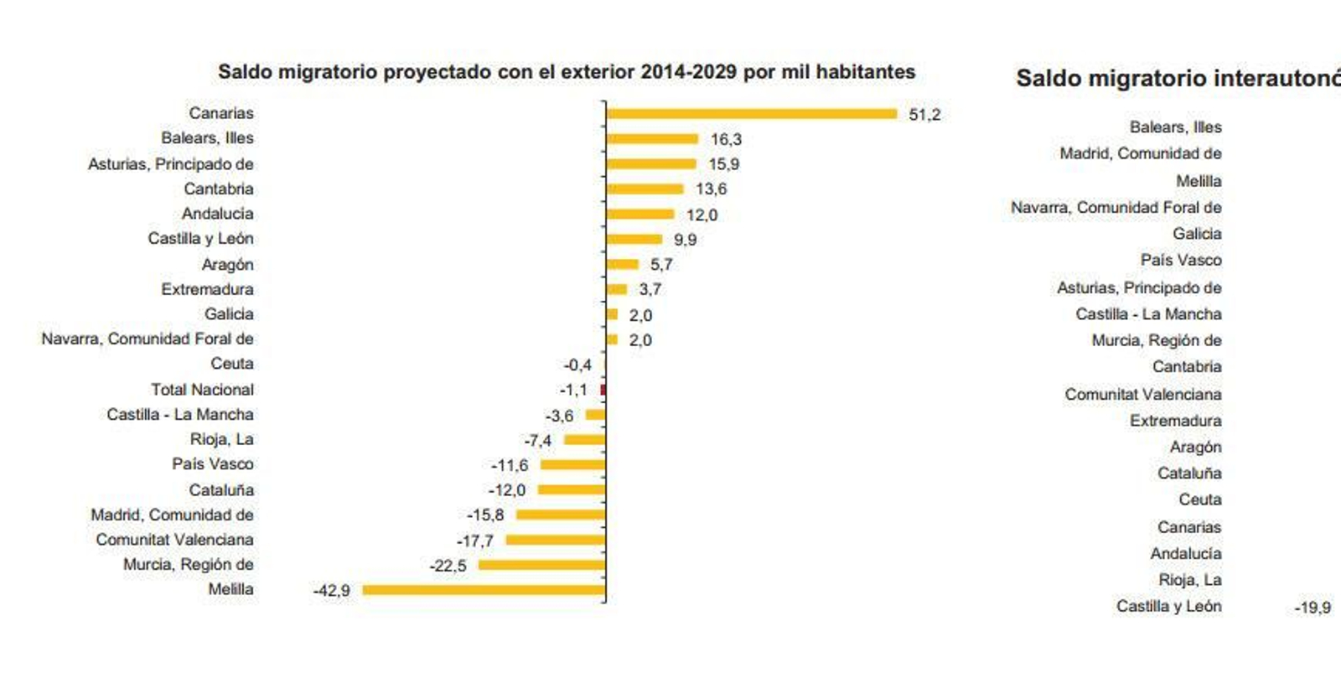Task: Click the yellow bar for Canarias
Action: click(x=751, y=114)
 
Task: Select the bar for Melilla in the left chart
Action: click(x=484, y=590)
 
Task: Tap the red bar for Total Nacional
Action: click(x=603, y=390)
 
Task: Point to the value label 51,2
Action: click(x=924, y=115)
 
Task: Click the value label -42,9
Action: click(x=331, y=591)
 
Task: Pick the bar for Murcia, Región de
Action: click(x=541, y=565)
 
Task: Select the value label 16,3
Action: click(x=726, y=139)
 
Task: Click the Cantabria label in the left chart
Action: click(x=219, y=189)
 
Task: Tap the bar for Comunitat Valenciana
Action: click(x=555, y=540)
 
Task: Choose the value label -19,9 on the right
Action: click(x=1312, y=608)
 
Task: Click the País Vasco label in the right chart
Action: click(x=1180, y=260)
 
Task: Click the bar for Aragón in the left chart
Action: click(x=622, y=264)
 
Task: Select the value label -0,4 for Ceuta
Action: click(x=577, y=365)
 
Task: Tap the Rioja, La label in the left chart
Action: click(x=221, y=439)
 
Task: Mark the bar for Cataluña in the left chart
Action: click(x=571, y=489)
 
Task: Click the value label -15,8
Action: click(x=484, y=515)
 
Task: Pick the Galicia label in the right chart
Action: click(x=1196, y=234)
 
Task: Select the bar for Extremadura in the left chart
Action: click(x=617, y=289)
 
